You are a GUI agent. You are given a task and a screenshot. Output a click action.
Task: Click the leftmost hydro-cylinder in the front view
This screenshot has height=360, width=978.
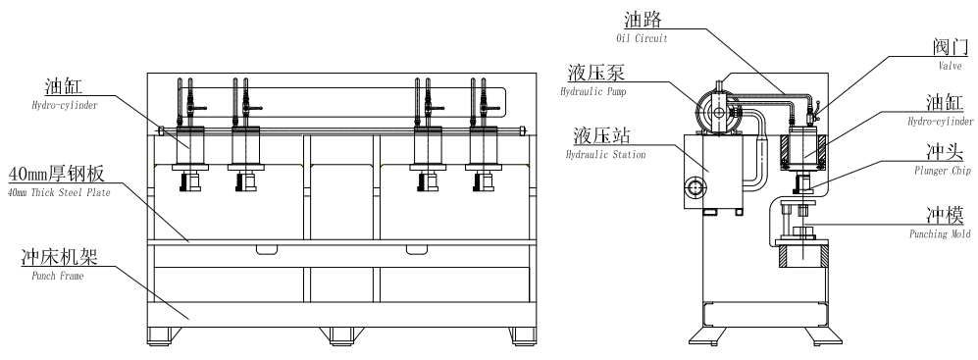point(187,147)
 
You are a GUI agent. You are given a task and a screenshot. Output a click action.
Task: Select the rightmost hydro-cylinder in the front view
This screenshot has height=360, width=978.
point(484,147)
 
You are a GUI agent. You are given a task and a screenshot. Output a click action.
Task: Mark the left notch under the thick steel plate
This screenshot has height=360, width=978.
point(268,248)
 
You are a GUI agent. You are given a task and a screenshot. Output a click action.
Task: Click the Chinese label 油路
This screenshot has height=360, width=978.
point(642,20)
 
